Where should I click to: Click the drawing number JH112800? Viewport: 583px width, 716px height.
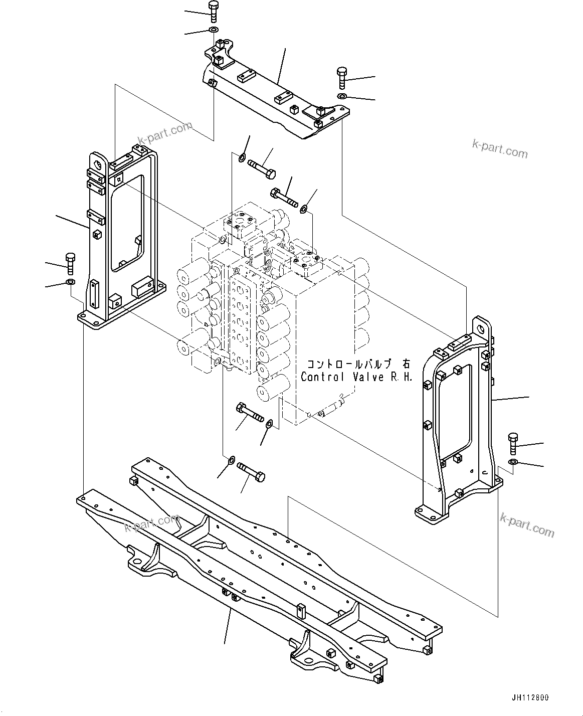tap(530, 698)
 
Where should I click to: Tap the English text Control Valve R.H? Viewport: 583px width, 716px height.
tap(356, 377)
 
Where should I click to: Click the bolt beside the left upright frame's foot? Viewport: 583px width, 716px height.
tap(70, 263)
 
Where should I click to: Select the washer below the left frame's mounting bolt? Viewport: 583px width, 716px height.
tap(70, 283)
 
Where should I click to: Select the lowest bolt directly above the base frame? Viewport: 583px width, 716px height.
tap(251, 471)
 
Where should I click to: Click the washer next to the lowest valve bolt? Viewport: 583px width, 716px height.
tap(231, 459)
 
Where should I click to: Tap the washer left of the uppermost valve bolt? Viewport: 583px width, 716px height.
tap(242, 159)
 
